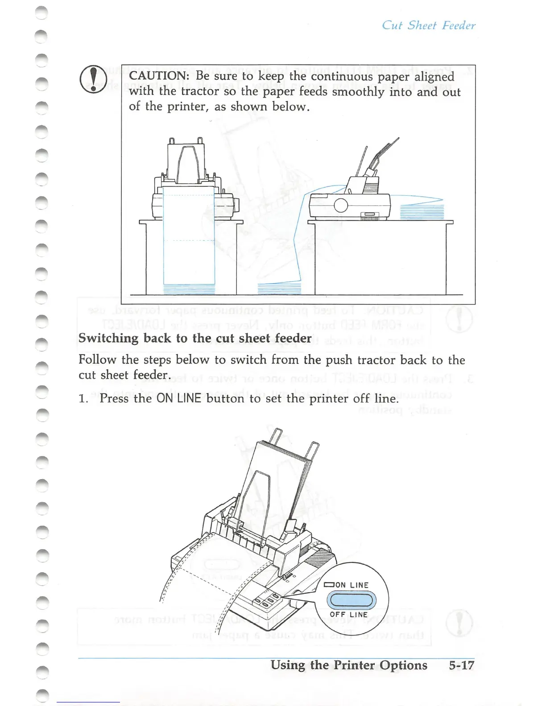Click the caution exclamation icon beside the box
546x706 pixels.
point(93,79)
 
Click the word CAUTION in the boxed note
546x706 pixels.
point(158,76)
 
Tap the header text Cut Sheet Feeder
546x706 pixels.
point(428,25)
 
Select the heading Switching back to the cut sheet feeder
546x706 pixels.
point(195,338)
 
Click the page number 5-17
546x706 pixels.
point(461,665)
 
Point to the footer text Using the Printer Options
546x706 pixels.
point(348,665)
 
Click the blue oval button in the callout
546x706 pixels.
point(352,600)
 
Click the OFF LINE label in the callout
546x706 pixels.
point(348,615)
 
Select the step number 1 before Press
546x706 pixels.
point(83,398)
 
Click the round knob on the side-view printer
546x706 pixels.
point(341,205)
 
